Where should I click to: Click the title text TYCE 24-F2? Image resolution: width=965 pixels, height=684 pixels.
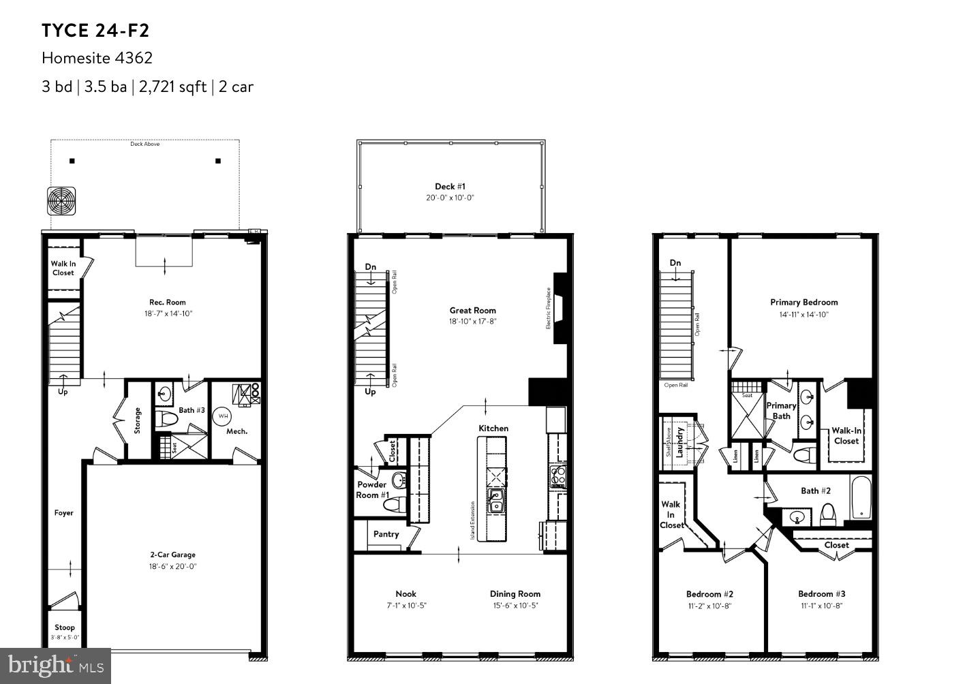[x=95, y=31]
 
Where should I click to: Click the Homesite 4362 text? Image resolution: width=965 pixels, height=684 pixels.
[x=97, y=58]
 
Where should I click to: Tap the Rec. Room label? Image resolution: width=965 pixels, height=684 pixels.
[x=167, y=302]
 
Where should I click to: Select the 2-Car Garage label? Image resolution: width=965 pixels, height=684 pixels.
[x=173, y=555]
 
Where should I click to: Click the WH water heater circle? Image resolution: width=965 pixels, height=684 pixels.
[x=224, y=415]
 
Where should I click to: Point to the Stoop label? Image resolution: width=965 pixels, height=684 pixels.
[x=65, y=627]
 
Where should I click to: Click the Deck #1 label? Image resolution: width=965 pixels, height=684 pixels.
[x=450, y=186]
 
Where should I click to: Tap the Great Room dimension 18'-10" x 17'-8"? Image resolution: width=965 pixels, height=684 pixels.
[x=472, y=322]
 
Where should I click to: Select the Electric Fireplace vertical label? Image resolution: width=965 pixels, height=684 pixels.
[x=548, y=309]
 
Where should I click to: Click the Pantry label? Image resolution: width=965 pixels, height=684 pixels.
[x=386, y=534]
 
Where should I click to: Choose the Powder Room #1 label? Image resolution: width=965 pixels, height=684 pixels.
[x=372, y=490]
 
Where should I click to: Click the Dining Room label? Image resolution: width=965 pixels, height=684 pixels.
[x=515, y=594]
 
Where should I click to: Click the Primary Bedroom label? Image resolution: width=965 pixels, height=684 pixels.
[x=804, y=302]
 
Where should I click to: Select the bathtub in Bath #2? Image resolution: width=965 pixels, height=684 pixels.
[x=861, y=497]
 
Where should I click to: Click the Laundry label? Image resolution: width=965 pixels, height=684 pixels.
[x=679, y=441]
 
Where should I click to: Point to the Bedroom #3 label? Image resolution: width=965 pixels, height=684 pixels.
[x=821, y=594]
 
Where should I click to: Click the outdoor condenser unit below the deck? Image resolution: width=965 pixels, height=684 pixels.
[x=61, y=201]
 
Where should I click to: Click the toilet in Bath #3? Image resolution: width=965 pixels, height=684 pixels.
[x=165, y=418]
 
